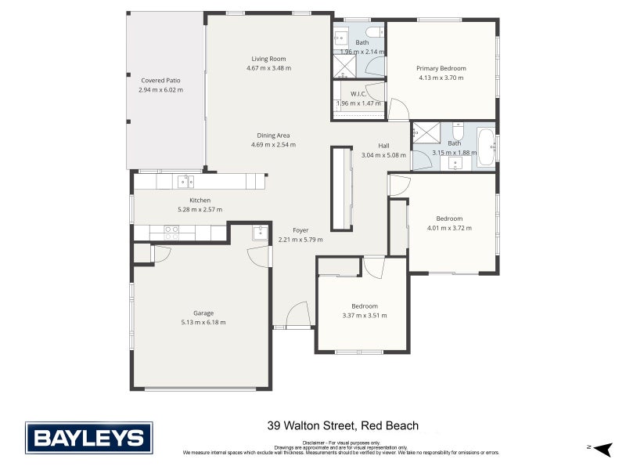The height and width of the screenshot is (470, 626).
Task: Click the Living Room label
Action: [268, 59]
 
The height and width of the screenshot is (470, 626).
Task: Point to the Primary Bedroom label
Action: [441, 68]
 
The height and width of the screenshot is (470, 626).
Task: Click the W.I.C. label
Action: [358, 93]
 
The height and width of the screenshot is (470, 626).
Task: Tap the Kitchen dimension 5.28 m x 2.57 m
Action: [200, 209]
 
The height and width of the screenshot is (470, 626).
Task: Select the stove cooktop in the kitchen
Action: [171, 232]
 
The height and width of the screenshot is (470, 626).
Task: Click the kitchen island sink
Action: [185, 182]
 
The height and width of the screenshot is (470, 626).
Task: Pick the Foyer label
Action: [300, 230]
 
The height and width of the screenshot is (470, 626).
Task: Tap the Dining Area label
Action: [273, 135]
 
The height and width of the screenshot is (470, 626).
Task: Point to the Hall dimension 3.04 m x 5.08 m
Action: [383, 155]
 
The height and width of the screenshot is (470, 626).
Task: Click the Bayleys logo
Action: [88, 437]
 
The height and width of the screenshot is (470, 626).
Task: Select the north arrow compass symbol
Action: [602, 449]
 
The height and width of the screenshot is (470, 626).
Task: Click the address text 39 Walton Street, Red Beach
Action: [343, 426]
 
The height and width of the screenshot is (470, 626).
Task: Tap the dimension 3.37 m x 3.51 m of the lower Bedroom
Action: [365, 316]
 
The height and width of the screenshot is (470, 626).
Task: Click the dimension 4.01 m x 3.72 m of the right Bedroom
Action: [449, 228]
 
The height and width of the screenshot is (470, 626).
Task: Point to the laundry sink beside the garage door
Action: [260, 232]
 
